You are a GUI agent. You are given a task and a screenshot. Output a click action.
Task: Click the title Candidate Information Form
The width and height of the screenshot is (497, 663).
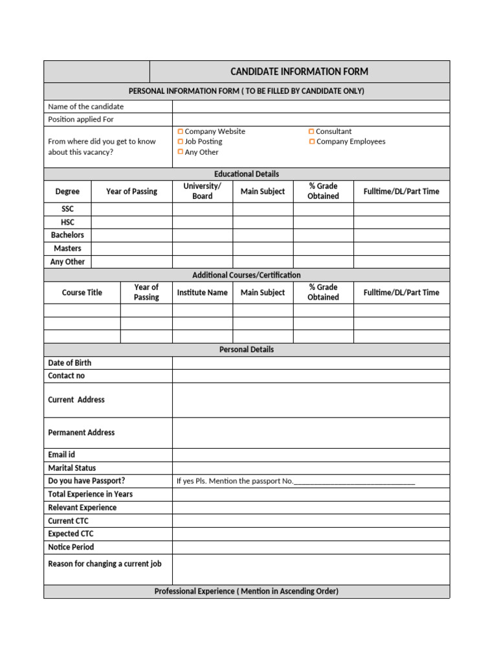pyautogui.click(x=299, y=72)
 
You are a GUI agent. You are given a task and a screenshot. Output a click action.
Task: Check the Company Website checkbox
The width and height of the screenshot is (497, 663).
pyautogui.click(x=181, y=131)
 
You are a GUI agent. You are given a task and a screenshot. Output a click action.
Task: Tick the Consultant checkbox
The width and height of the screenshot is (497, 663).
pyautogui.click(x=312, y=131)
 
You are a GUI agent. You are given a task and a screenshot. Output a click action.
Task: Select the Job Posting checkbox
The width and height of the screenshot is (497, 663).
pyautogui.click(x=181, y=141)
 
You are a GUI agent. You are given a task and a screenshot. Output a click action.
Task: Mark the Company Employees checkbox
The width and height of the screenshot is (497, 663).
pyautogui.click(x=312, y=141)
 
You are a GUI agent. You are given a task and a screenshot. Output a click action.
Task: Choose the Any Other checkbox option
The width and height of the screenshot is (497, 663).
pyautogui.click(x=181, y=152)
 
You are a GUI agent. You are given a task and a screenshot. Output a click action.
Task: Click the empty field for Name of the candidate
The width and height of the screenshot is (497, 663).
pyautogui.click(x=311, y=106)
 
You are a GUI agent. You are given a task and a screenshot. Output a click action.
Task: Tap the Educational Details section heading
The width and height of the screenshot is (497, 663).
pyautogui.click(x=247, y=174)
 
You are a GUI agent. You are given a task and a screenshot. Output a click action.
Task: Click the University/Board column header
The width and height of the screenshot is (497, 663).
pyautogui.click(x=202, y=191)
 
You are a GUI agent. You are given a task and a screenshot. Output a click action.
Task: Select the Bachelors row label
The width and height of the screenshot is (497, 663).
pyautogui.click(x=67, y=235)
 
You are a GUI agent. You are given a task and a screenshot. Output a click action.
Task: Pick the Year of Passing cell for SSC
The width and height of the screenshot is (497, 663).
pyautogui.click(x=131, y=209)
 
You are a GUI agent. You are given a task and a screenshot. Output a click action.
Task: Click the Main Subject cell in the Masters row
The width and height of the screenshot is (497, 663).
pyautogui.click(x=263, y=249)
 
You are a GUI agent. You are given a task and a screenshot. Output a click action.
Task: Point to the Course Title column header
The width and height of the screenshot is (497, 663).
pyautogui.click(x=82, y=293)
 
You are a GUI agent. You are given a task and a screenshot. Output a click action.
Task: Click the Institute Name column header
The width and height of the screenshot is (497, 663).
pyautogui.click(x=202, y=293)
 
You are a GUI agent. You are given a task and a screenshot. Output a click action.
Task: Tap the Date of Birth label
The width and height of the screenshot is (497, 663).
pyautogui.click(x=70, y=363)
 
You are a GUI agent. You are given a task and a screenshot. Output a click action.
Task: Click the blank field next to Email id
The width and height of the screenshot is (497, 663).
pyautogui.click(x=311, y=455)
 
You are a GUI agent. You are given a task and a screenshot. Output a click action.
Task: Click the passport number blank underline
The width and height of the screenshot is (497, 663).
pyautogui.click(x=354, y=482)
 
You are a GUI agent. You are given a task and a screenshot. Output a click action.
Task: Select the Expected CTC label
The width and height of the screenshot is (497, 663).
pyautogui.click(x=71, y=534)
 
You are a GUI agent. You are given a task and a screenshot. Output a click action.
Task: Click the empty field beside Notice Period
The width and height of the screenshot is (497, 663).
pyautogui.click(x=311, y=548)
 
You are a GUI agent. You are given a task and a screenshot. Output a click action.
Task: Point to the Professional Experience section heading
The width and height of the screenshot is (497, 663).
pyautogui.click(x=247, y=592)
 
